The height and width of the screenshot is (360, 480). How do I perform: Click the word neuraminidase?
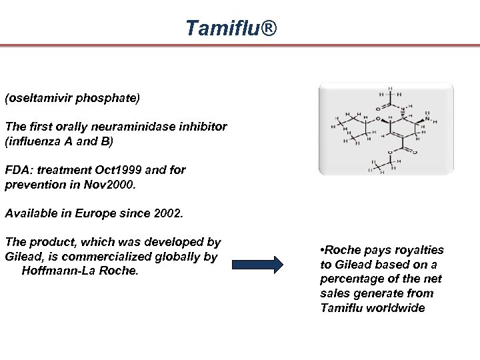tap(131, 126)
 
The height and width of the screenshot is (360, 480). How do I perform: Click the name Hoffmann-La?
tap(56, 271)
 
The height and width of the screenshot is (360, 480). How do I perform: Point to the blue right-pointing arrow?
tap(257, 264)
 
